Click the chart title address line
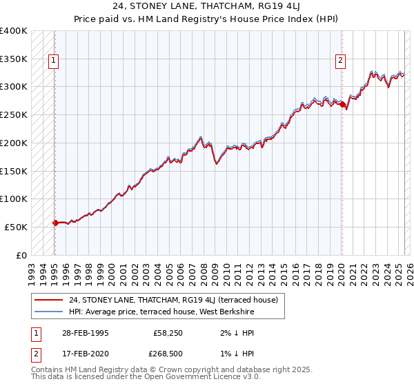point(206,6)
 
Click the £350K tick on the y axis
point(13,59)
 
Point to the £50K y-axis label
point(16,227)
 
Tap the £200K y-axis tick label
point(13,143)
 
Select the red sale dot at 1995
point(55,223)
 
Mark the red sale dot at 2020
point(342,104)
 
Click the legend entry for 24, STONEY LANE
point(173,300)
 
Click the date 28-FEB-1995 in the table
point(86,332)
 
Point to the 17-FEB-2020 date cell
point(86,356)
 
